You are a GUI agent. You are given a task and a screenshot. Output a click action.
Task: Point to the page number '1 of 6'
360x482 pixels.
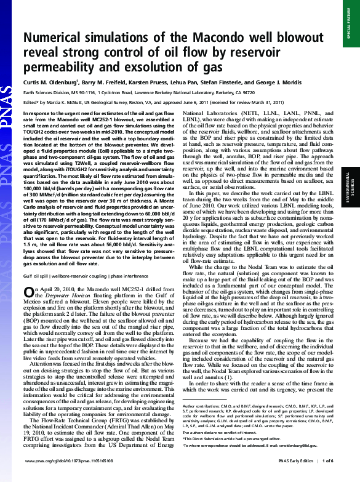coord(326,476)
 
